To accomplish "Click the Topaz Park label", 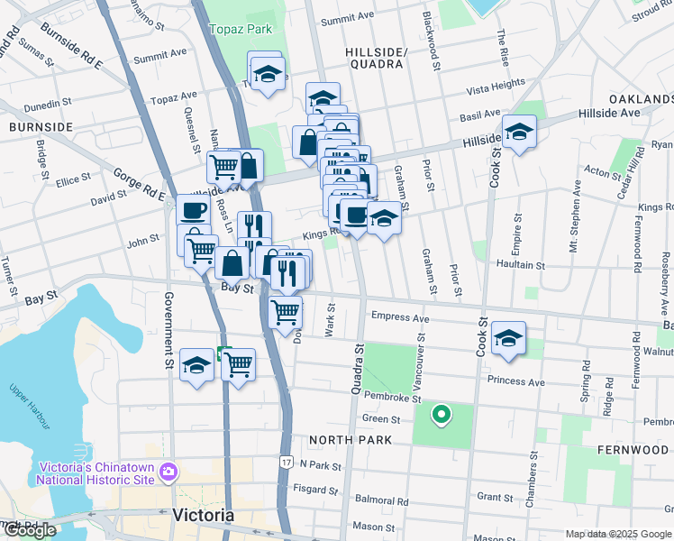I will point(241,29).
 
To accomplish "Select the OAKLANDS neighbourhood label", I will point(641,98).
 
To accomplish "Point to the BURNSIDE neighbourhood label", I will point(41,127).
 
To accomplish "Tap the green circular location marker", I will point(441,416).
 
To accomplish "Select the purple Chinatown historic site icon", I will point(167,472).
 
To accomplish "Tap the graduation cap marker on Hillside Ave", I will point(519,133).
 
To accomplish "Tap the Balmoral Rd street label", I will point(381,500).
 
